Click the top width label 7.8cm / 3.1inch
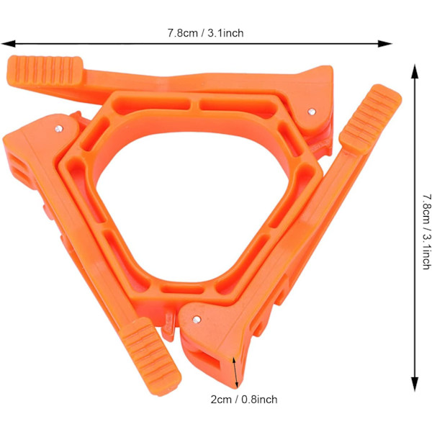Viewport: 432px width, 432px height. pyautogui.click(x=205, y=33)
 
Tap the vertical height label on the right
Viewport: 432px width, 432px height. pyautogui.click(x=426, y=231)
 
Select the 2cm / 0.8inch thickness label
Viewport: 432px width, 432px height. pyautogui.click(x=244, y=400)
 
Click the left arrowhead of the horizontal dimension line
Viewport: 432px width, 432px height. pyautogui.click(x=8, y=43)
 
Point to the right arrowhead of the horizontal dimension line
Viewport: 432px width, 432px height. pyautogui.click(x=384, y=43)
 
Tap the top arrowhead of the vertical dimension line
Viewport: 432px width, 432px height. pyautogui.click(x=415, y=71)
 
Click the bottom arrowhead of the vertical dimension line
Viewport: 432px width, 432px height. pyautogui.click(x=415, y=384)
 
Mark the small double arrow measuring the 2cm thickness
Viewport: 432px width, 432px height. pyautogui.click(x=235, y=373)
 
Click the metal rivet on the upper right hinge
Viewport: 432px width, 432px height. pyautogui.click(x=312, y=112)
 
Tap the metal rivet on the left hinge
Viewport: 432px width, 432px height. pyautogui.click(x=59, y=128)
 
